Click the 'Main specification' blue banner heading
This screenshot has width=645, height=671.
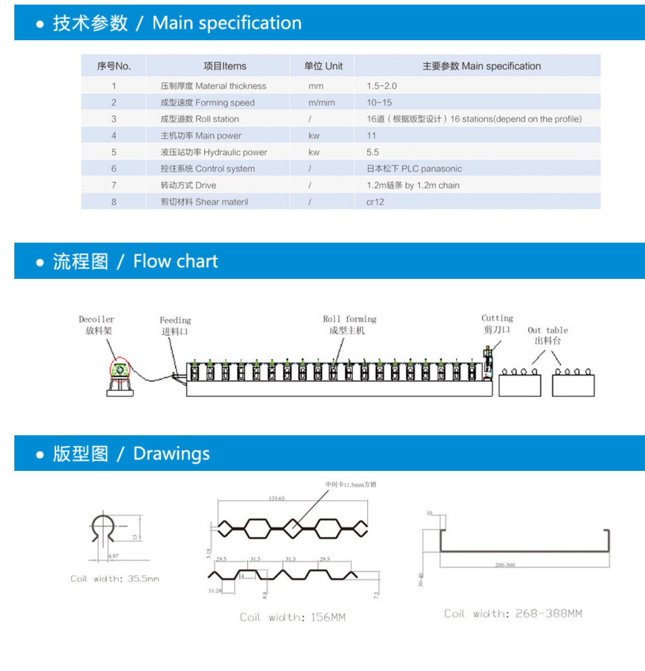tap(226, 23)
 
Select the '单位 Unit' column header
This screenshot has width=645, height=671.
tap(323, 66)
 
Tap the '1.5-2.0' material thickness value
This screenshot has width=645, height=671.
tap(382, 86)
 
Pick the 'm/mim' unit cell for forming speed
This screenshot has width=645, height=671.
tap(321, 103)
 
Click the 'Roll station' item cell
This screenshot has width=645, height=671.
tap(199, 119)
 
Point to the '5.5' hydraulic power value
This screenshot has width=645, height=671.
tap(373, 152)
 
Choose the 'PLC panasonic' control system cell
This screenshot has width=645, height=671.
tap(414, 169)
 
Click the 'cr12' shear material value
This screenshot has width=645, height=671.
tap(375, 202)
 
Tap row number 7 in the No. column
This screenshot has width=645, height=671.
tap(114, 185)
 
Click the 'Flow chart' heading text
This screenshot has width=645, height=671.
tap(175, 262)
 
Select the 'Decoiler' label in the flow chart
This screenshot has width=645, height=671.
tap(97, 320)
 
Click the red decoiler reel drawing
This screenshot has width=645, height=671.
tap(120, 370)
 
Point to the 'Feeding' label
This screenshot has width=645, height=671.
tap(175, 320)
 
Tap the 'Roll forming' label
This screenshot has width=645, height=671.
tap(350, 319)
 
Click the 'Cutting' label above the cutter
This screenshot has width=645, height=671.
tap(497, 319)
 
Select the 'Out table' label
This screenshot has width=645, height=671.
tap(548, 331)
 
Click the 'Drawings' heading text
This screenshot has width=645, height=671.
tap(171, 454)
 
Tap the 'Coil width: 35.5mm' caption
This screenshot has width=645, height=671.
tap(115, 579)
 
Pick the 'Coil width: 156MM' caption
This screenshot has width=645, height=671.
tap(293, 618)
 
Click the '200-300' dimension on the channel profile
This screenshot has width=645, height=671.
tap(505, 565)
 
